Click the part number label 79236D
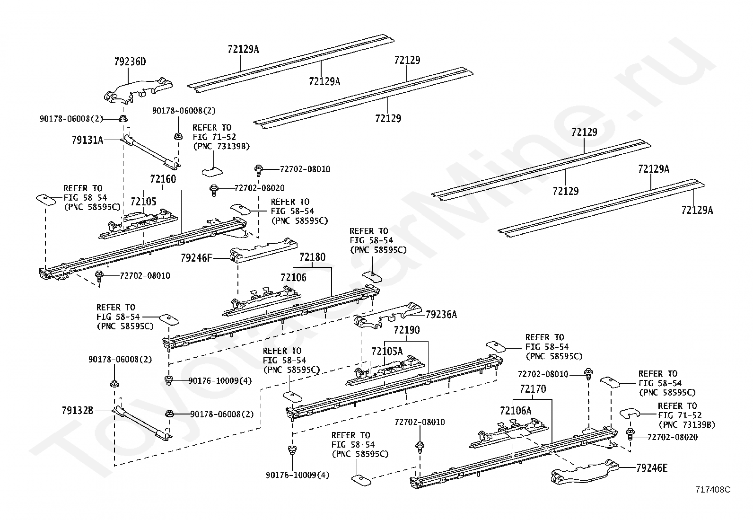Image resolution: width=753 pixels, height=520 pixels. coord(130,62)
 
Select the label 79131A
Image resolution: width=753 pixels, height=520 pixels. coord(88,140)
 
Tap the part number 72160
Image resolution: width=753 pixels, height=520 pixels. coord(163,179)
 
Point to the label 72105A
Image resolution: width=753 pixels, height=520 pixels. coord(387,352)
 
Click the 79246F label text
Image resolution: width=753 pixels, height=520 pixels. coord(196,258)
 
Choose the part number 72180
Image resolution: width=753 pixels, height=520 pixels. coord(312,257)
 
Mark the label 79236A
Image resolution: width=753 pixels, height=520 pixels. coord(441,315)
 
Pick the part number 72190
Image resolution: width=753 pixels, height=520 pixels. coord(407,330)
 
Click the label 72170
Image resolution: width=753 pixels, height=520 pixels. coord(533,389)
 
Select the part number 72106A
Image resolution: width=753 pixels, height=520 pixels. coord(516,411)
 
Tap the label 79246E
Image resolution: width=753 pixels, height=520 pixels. coord(652,468)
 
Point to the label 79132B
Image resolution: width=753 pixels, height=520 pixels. coord(77,411)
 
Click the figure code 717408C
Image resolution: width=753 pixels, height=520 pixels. coord(713,490)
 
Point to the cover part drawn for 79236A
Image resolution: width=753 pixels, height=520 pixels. coord(387,316)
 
